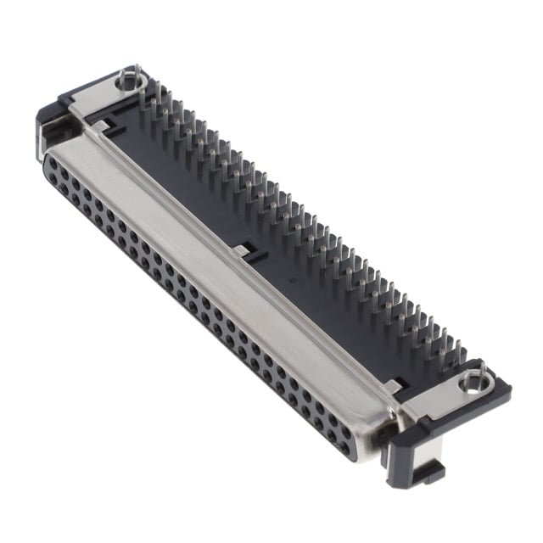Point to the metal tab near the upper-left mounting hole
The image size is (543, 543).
(x=101, y=126)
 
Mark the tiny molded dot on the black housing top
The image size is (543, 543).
(x=291, y=277)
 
